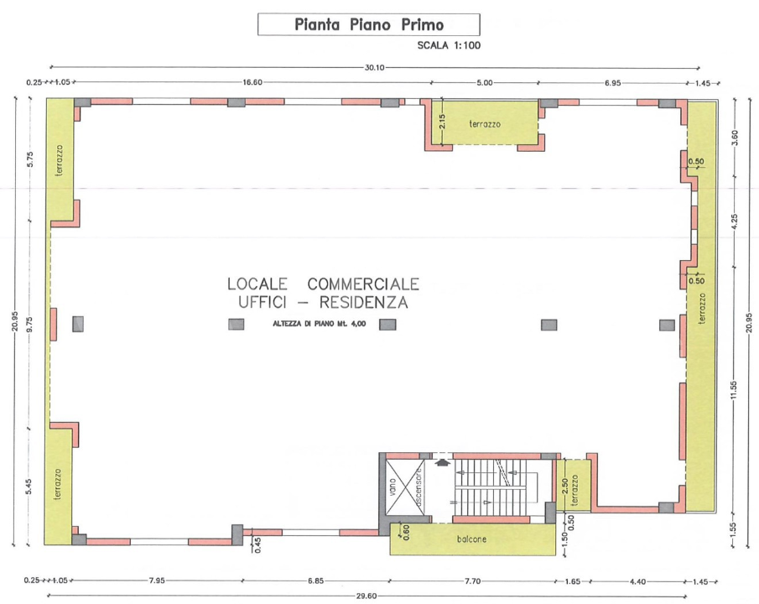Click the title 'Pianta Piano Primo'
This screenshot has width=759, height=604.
pos(369,24)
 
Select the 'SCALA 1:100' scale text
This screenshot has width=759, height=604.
pos(449,45)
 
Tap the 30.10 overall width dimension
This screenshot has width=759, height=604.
pos(374,68)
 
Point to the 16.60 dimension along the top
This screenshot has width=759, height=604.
pos(252,83)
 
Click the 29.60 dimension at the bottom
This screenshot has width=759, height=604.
pos(367,596)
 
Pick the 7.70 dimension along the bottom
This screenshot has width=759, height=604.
pos(472,581)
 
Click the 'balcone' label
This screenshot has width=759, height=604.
pos(471,539)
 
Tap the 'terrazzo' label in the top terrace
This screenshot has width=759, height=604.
pos(485,124)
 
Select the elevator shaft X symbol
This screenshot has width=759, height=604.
pos(405,487)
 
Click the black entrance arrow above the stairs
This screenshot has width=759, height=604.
pos(441,462)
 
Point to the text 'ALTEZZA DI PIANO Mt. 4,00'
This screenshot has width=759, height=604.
pos(319,324)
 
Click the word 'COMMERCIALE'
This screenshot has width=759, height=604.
pos(363,284)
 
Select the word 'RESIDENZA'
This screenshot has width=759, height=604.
pos(363,303)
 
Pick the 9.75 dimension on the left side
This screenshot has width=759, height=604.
pos(29,324)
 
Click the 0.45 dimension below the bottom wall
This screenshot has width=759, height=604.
pos(257,545)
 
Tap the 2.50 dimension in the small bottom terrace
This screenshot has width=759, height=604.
pos(564,487)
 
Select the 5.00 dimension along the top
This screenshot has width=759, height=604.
pos(485,83)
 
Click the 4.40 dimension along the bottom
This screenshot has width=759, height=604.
pos(637,581)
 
